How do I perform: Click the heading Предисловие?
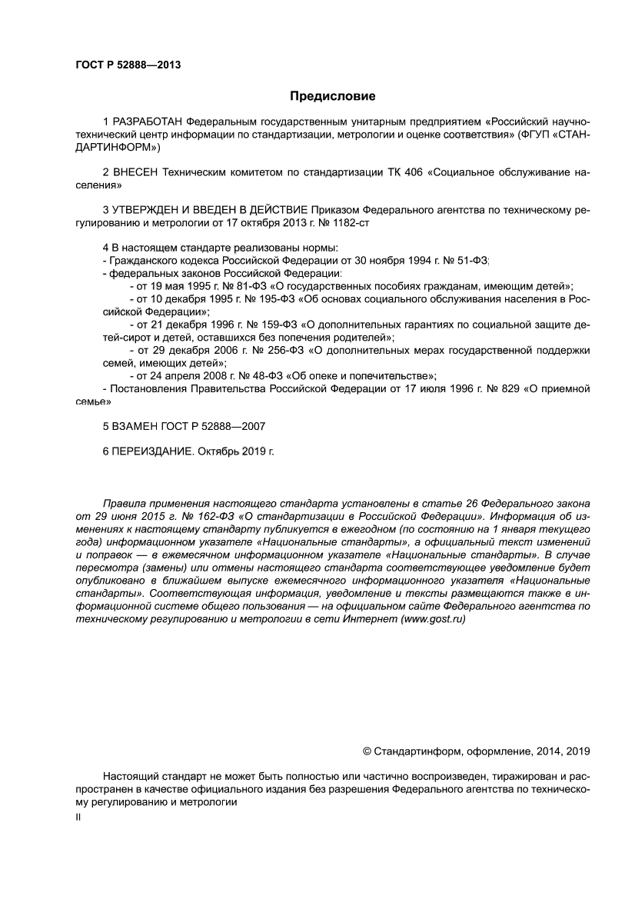point(332,96)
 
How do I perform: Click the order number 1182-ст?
point(359,222)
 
